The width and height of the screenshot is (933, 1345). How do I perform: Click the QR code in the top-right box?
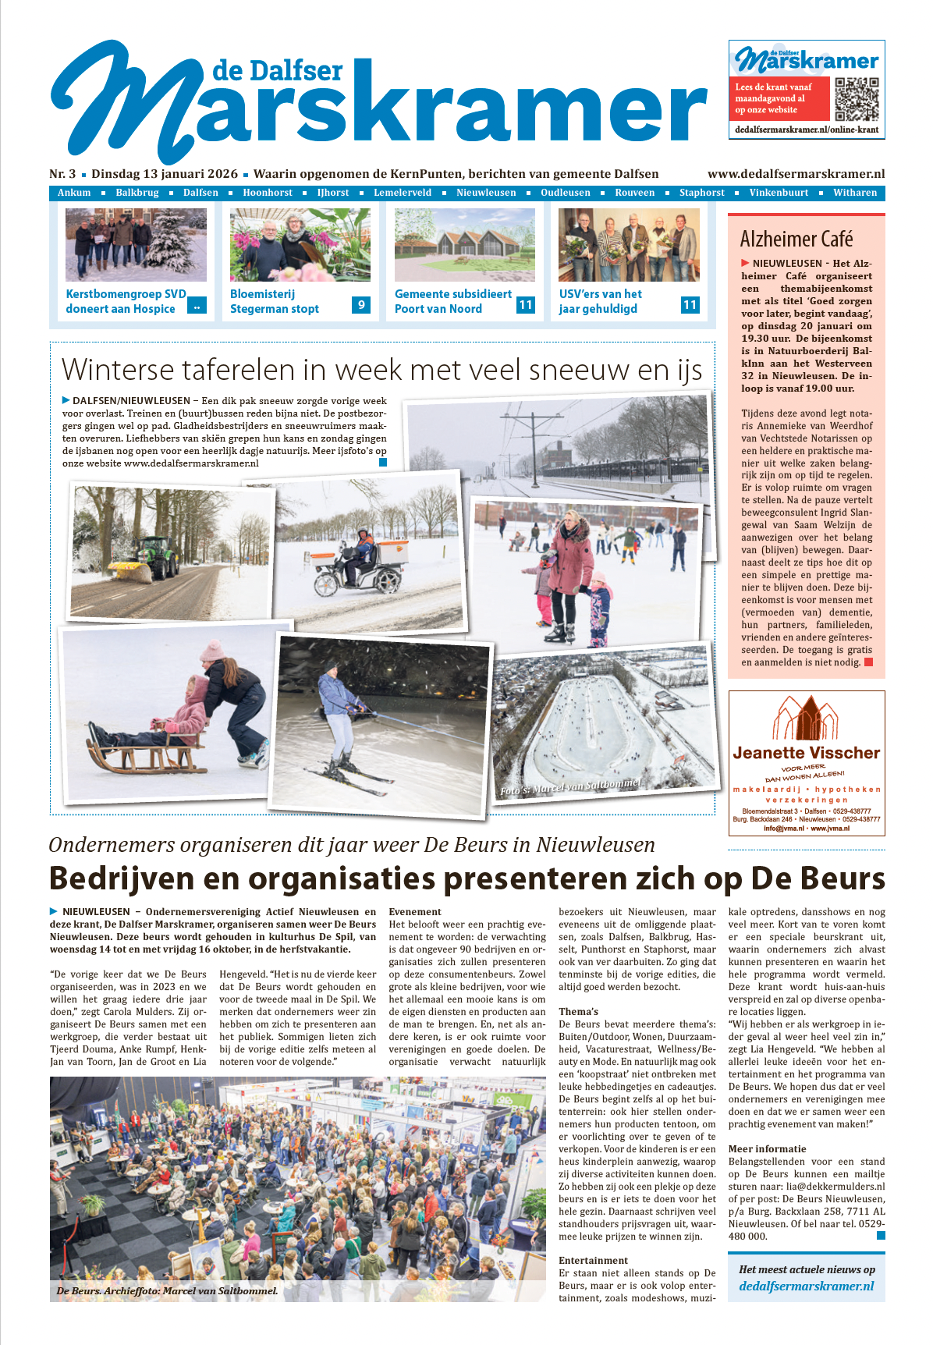[x=856, y=99]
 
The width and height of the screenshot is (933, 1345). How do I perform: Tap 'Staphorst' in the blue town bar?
[x=701, y=193]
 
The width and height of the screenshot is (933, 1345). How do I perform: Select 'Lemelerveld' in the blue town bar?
[x=403, y=193]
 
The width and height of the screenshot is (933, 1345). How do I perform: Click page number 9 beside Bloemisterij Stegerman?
[x=360, y=305]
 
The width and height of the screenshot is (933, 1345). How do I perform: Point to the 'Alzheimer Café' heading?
[x=796, y=239]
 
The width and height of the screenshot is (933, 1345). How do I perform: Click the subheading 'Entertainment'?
[x=593, y=1260]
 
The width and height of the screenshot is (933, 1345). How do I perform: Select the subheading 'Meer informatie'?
[x=767, y=1148]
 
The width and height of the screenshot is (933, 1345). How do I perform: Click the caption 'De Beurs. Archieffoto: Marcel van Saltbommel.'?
[x=167, y=1291]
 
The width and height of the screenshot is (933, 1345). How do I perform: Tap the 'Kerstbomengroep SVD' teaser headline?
[x=126, y=294]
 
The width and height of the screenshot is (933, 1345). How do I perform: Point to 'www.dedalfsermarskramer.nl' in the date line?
[x=796, y=174]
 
